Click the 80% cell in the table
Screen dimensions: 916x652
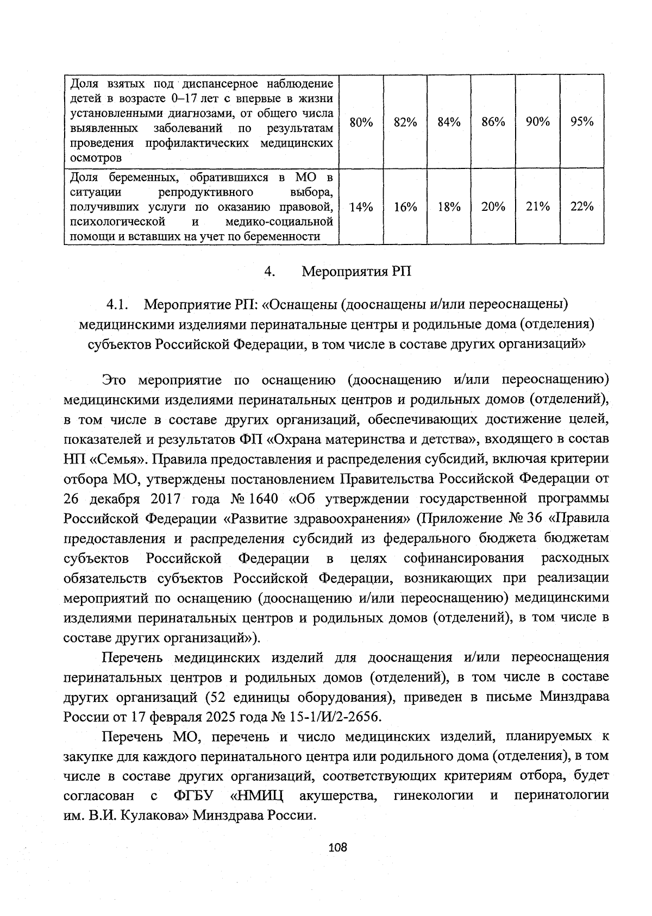pos(361,122)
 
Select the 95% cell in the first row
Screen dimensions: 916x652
pos(582,122)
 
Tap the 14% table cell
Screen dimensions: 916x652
pos(361,207)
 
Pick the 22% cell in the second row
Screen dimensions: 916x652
pos(582,206)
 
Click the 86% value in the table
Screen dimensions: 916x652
pos(493,122)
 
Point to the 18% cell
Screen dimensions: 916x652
pos(449,207)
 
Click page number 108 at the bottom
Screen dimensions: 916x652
pos(337,847)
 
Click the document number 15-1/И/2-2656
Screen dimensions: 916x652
pos(334,717)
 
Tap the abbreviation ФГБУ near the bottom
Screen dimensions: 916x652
pos(193,796)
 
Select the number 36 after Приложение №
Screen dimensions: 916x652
pos(535,518)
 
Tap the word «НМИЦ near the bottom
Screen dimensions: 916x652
pos(257,796)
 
